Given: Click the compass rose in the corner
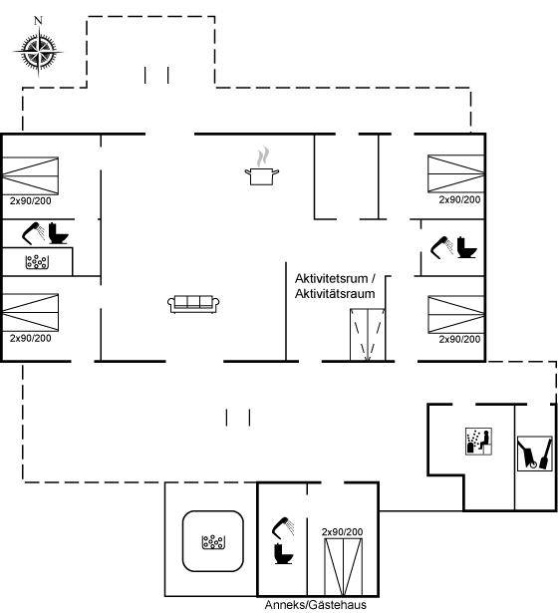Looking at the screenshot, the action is (x=38, y=51).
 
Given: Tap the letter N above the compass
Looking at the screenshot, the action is (x=38, y=20).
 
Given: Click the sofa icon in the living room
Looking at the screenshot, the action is (x=193, y=304).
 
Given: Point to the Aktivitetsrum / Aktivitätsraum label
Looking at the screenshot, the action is (x=335, y=286).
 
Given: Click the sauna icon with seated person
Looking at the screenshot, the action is (x=478, y=441).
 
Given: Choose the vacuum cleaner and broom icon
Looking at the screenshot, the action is (x=534, y=454).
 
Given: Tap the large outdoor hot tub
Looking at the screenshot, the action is (x=213, y=541).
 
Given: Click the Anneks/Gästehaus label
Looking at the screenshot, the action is (x=316, y=605).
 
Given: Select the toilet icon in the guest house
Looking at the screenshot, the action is (x=283, y=553).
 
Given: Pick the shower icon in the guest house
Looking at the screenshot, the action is (x=283, y=527).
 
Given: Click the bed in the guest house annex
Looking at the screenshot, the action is (x=344, y=566).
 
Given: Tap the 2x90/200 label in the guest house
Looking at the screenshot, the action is (x=343, y=531).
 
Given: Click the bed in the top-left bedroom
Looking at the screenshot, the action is (x=31, y=175).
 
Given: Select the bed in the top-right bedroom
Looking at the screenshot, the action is (x=456, y=173).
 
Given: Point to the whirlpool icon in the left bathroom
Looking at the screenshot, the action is (x=37, y=262).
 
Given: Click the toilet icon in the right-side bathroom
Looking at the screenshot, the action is (x=466, y=247).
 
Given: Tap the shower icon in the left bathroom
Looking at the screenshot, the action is (x=33, y=233).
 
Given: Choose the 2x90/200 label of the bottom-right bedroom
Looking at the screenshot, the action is (x=459, y=339).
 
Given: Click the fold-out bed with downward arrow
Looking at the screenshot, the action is (x=368, y=335).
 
